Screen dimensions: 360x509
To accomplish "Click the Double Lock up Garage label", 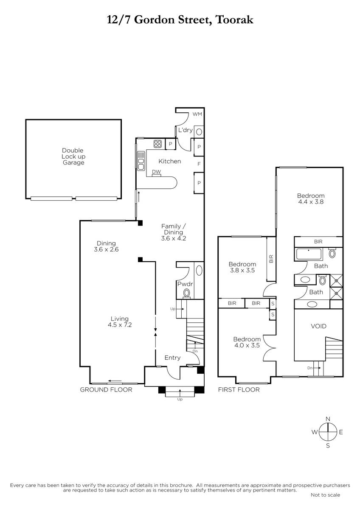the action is click(73, 157).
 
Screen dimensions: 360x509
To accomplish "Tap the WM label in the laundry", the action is click(197, 114).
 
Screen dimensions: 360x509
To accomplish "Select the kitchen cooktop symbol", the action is click(157, 144).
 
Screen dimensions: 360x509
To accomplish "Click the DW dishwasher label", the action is click(156, 172).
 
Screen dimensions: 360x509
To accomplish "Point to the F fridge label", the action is click(199, 164).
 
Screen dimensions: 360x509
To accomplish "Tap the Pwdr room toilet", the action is click(187, 293).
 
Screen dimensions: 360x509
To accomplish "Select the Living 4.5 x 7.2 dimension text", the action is click(120, 322).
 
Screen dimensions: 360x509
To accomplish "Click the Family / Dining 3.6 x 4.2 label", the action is click(174, 232).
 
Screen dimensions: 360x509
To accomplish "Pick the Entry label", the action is click(172, 358).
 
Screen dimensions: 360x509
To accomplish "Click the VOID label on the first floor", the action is click(319, 326).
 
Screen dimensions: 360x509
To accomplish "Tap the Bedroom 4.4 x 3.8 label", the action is click(311, 199).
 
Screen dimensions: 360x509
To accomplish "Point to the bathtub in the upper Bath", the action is click(309, 254).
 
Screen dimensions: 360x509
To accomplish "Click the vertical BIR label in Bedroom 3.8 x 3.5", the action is click(271, 259).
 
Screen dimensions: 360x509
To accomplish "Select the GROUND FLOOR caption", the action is click(106, 390).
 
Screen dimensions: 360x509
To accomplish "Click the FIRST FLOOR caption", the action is click(239, 390).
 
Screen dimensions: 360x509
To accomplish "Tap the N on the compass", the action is click(328, 419).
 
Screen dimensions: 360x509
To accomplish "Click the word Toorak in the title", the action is click(234, 20).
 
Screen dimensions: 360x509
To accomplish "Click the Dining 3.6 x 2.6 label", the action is click(106, 246).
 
